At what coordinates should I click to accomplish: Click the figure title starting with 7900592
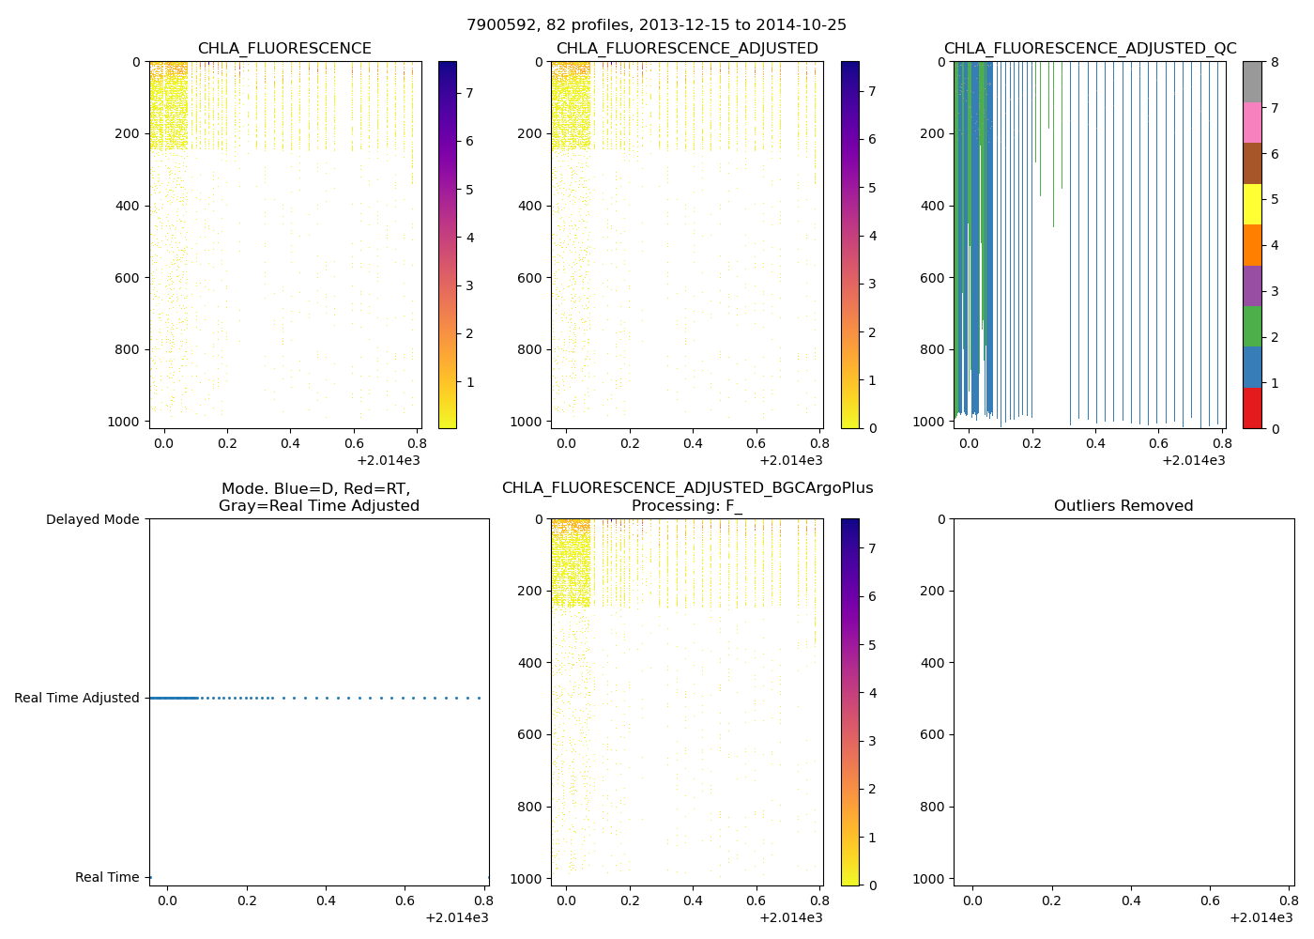click(x=656, y=25)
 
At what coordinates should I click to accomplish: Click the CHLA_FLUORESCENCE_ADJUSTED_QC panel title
click(x=1090, y=49)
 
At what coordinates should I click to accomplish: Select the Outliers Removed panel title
click(x=1123, y=506)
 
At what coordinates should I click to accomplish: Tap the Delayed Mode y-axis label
click(x=92, y=519)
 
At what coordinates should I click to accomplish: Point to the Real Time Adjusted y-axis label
click(x=77, y=698)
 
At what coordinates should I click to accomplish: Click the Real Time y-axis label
click(x=107, y=877)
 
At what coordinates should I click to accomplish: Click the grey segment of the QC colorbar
click(x=1252, y=82)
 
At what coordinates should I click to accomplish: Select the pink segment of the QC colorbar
click(x=1252, y=122)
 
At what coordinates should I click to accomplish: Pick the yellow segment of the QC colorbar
click(x=1252, y=204)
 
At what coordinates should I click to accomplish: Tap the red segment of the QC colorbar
click(x=1252, y=408)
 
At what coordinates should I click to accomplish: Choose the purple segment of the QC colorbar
click(x=1252, y=285)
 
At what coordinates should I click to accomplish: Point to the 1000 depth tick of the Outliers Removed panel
click(x=928, y=878)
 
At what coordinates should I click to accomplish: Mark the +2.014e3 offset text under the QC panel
click(x=1193, y=460)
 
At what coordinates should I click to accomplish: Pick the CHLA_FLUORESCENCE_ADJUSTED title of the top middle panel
click(x=687, y=49)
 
